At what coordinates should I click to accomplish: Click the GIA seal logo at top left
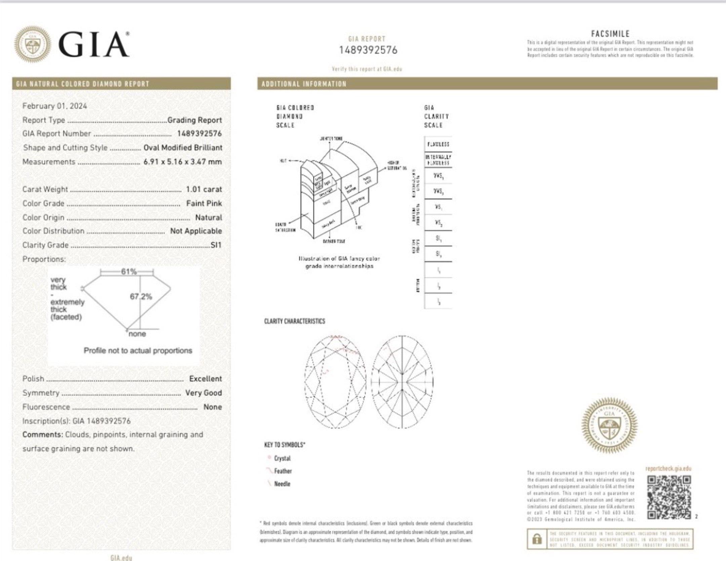coord(33,44)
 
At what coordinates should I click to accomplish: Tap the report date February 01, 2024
coord(54,106)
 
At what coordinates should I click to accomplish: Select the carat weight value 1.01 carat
coord(204,189)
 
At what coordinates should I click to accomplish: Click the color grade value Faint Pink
coord(204,203)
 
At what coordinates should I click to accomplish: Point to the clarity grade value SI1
coord(216,245)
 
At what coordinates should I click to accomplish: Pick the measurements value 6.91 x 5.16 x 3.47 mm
coord(183,162)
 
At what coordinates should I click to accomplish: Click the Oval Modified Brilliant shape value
coord(183,148)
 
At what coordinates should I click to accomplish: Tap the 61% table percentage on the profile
coord(129,271)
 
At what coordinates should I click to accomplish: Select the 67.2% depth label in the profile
coord(141,297)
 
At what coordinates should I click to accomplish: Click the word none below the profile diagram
coord(137,334)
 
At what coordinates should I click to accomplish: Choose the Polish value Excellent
coord(205,379)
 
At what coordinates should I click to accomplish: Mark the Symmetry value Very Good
coord(203,393)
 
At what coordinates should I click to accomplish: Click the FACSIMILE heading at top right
coord(610,34)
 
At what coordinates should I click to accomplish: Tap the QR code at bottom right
coord(669,497)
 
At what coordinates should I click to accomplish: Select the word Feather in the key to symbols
coord(283,471)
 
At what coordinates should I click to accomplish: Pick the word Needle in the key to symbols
coord(282,484)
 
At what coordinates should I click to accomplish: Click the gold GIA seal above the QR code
coord(609,425)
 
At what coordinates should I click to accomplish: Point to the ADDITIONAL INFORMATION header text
coord(304,84)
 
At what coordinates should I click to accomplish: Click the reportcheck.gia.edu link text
coord(668,469)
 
